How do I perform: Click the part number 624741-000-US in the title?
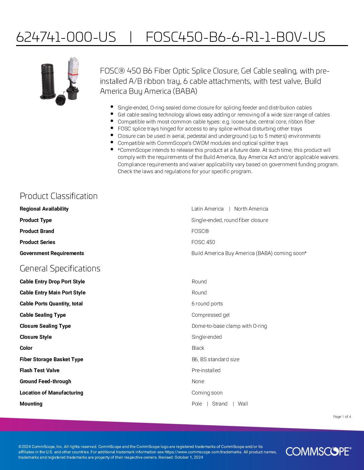click(66, 37)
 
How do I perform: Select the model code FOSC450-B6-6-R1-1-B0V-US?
click(235, 37)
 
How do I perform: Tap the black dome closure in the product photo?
click(49, 81)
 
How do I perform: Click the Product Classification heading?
click(59, 196)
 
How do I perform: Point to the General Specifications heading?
click(60, 268)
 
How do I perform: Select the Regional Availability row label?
click(44, 209)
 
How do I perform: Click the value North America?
click(251, 209)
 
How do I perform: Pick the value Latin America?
click(207, 209)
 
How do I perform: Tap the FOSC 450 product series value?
click(203, 242)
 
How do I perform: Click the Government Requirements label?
click(52, 253)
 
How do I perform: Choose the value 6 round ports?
click(207, 304)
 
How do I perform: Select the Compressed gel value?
click(210, 315)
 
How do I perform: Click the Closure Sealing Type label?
click(45, 326)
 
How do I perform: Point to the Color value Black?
click(198, 348)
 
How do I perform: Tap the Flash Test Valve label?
click(39, 371)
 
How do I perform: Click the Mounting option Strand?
click(219, 404)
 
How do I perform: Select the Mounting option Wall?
click(243, 404)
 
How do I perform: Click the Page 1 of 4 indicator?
click(342, 417)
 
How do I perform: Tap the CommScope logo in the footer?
click(318, 451)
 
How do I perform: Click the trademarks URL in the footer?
click(203, 452)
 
